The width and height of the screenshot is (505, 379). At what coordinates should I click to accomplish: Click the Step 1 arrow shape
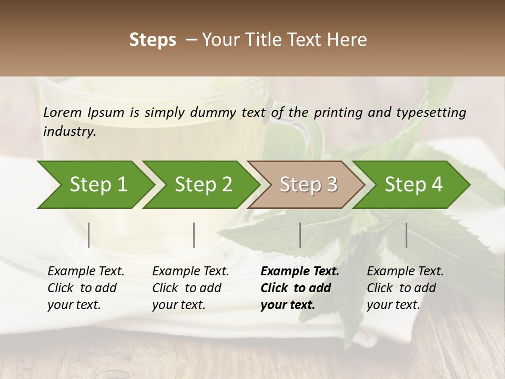tap(97, 185)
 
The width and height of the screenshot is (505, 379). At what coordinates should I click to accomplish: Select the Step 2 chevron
tap(203, 185)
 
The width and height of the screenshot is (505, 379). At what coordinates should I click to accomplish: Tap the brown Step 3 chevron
tap(308, 185)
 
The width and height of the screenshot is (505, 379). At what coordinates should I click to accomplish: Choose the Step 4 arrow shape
tap(413, 185)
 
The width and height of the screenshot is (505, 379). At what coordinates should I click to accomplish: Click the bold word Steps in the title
tap(153, 40)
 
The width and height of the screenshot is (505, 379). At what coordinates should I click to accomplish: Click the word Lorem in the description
tap(62, 113)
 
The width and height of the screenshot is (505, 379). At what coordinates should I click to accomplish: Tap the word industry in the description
tap(68, 132)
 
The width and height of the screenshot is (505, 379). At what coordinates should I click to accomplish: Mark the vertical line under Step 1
tap(89, 235)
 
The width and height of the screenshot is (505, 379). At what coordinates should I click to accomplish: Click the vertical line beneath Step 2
tap(194, 235)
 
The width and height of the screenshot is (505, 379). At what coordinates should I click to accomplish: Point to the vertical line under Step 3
tap(300, 235)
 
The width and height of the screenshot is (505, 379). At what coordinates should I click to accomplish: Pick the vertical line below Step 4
tap(406, 235)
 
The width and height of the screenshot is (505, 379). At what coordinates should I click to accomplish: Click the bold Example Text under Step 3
tap(300, 272)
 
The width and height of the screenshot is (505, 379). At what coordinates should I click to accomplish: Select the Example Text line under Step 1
tap(86, 272)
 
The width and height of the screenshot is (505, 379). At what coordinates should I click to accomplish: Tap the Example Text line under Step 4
tap(405, 272)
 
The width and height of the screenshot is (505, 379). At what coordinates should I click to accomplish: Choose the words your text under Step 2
tap(178, 305)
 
